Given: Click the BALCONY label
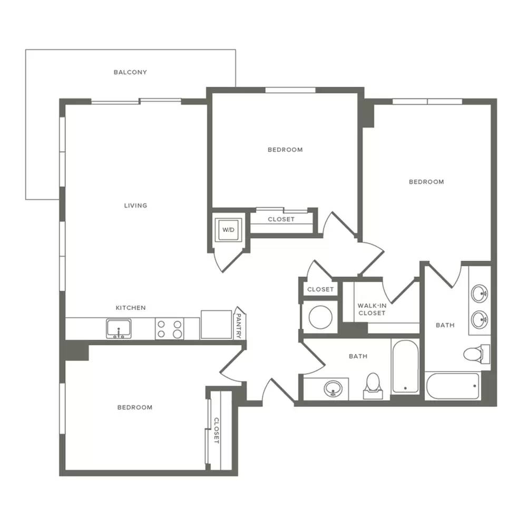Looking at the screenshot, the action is [x=130, y=72].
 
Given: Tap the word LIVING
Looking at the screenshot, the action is [x=136, y=206].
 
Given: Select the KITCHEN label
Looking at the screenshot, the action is [x=131, y=308].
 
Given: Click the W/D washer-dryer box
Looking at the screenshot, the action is [x=228, y=230].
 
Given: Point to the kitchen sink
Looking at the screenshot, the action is [x=119, y=328].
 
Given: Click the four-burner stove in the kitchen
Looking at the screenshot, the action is [x=169, y=329].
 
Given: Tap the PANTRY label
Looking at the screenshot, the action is [x=238, y=325].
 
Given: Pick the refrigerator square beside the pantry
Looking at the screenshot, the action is [x=217, y=325].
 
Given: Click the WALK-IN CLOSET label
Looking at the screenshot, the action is [x=372, y=309].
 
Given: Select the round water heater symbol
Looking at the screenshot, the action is [x=320, y=317].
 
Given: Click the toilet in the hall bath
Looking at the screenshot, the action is [x=373, y=386].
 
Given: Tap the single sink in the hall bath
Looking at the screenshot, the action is [x=333, y=389].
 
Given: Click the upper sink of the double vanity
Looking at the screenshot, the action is [x=480, y=294].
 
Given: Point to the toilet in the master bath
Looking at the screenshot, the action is [x=476, y=354].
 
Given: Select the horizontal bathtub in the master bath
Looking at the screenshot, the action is [x=453, y=386].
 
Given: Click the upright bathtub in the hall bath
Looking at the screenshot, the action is [x=405, y=366].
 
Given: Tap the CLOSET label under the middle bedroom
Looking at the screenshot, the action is [x=281, y=219].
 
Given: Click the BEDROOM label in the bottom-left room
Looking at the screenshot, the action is [x=135, y=407].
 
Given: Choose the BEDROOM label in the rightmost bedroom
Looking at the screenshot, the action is [x=426, y=182].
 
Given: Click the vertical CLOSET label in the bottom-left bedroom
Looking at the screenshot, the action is [x=217, y=431].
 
